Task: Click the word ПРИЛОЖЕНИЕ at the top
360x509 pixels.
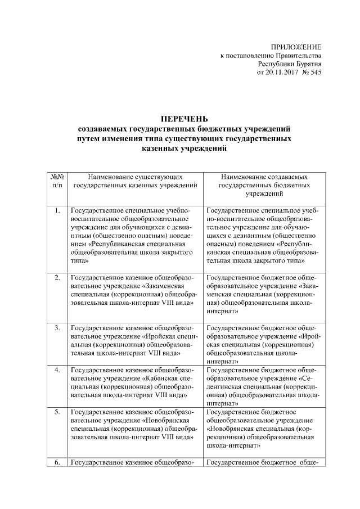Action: (x=296, y=47)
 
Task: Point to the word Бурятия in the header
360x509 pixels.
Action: (x=308, y=64)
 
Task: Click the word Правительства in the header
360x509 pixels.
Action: (x=299, y=56)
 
